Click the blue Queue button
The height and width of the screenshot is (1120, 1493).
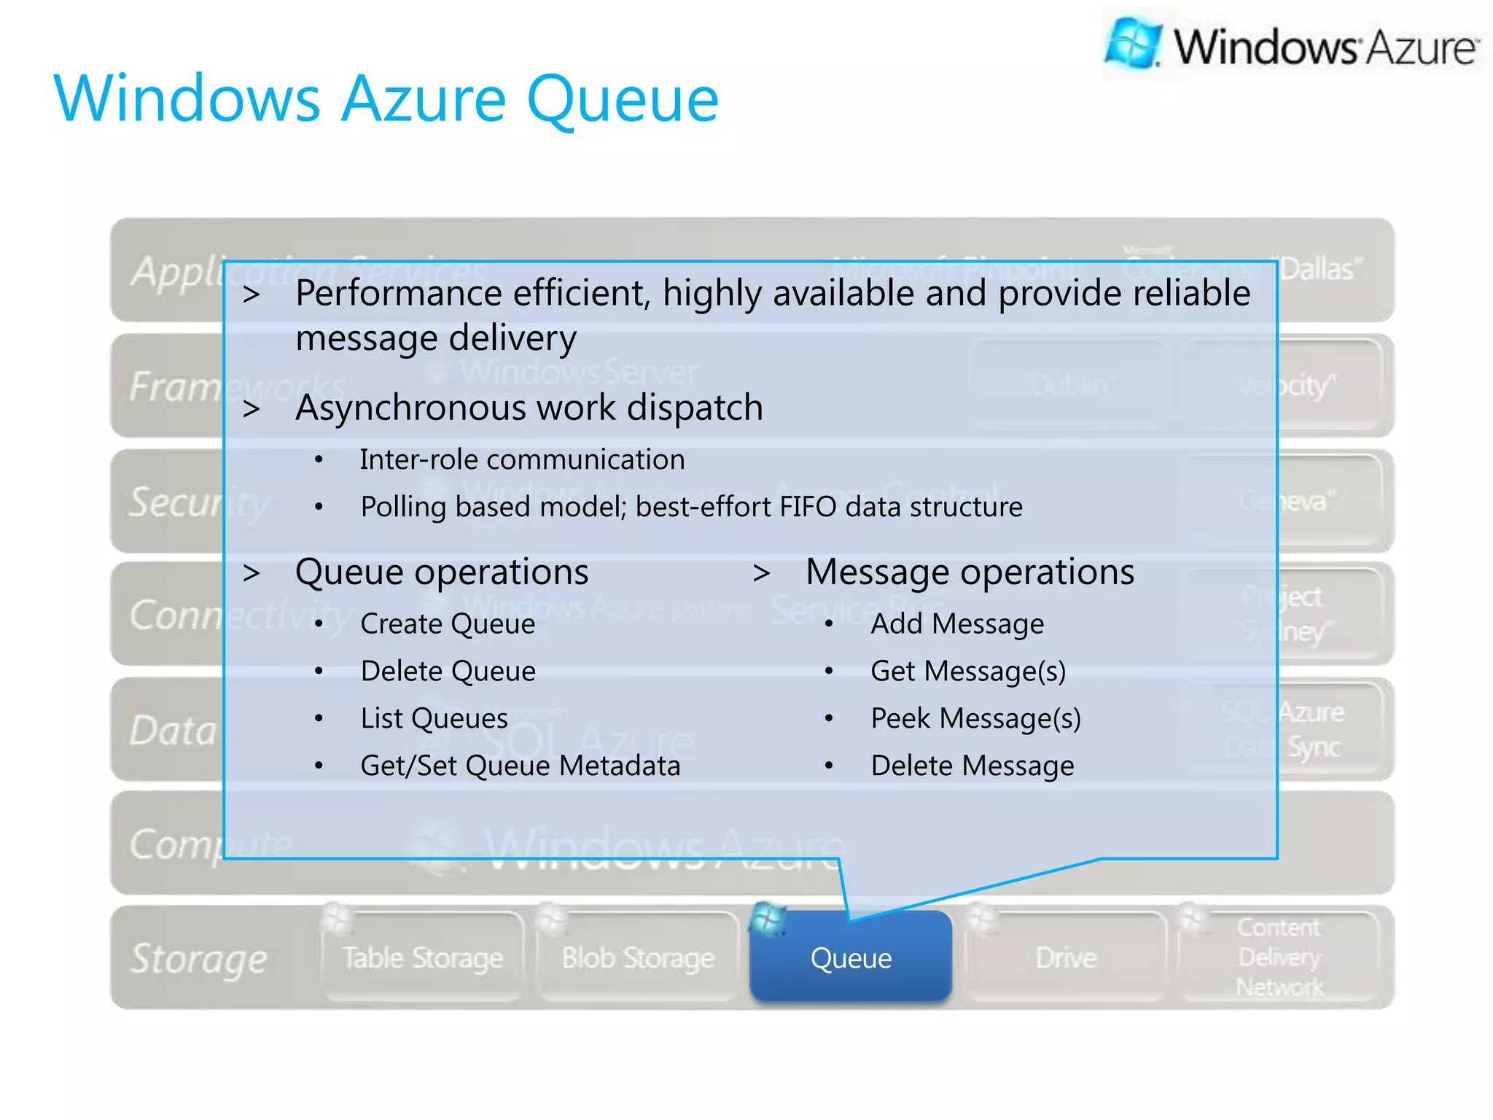(851, 957)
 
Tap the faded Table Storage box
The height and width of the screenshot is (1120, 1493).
(422, 957)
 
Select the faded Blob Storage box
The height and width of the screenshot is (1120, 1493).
(638, 957)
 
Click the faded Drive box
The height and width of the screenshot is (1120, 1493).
(1065, 957)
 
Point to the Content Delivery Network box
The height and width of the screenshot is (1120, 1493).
(1279, 957)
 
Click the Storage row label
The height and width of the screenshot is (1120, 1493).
(198, 958)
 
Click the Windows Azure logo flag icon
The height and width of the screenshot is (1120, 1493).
(1132, 44)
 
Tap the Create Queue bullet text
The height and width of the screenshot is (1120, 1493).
(448, 624)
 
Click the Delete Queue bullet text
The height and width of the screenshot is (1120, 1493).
(448, 672)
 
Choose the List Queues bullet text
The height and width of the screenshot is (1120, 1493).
(434, 719)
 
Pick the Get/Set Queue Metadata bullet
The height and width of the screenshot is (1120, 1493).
(520, 766)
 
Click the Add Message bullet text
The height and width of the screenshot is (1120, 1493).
(956, 624)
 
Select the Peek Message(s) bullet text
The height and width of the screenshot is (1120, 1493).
(975, 719)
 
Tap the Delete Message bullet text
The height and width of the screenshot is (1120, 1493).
(972, 766)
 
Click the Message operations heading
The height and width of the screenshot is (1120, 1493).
(970, 572)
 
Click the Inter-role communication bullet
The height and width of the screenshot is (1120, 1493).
(522, 460)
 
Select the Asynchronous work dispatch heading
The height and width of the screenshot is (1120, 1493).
(529, 408)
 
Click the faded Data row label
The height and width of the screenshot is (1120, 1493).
(173, 731)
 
